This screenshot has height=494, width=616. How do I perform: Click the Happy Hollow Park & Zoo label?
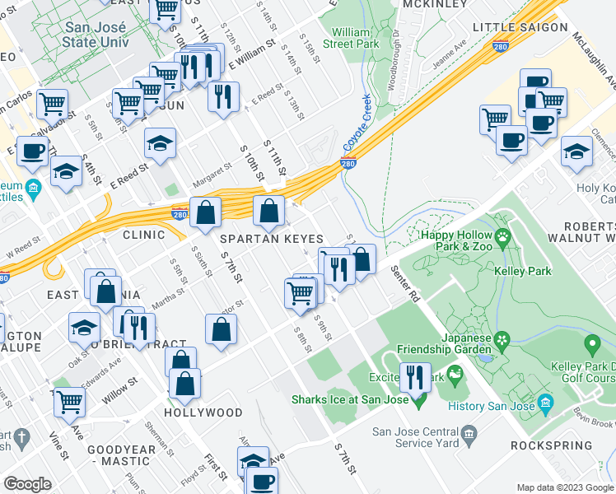click(451, 235)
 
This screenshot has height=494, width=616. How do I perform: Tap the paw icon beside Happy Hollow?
click(501, 235)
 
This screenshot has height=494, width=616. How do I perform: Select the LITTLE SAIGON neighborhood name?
click(520, 27)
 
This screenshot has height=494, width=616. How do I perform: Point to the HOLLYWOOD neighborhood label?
click(203, 412)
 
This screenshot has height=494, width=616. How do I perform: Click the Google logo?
click(27, 483)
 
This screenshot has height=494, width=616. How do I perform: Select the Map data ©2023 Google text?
click(564, 487)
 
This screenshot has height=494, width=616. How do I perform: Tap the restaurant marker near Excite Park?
click(415, 377)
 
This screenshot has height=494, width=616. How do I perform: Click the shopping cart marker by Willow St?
click(71, 402)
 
